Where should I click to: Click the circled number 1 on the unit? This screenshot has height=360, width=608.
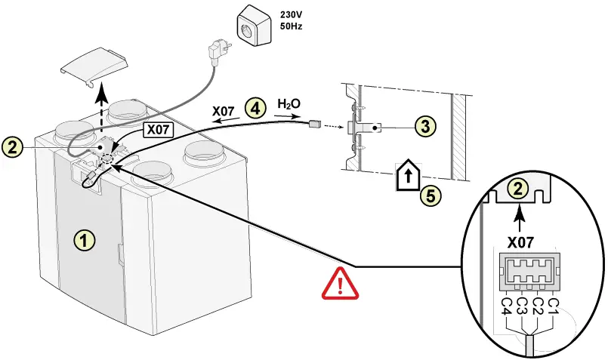coord(84,240)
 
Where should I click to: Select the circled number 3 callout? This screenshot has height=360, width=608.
coord(427,126)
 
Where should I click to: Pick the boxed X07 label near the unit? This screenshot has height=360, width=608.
coord(159,130)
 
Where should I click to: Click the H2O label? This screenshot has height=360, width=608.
coord(289,103)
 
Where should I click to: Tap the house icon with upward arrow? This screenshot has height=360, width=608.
coord(406,176)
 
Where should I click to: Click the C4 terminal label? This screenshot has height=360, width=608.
coord(506,307)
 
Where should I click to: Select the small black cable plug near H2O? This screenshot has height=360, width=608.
coord(315,124)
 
